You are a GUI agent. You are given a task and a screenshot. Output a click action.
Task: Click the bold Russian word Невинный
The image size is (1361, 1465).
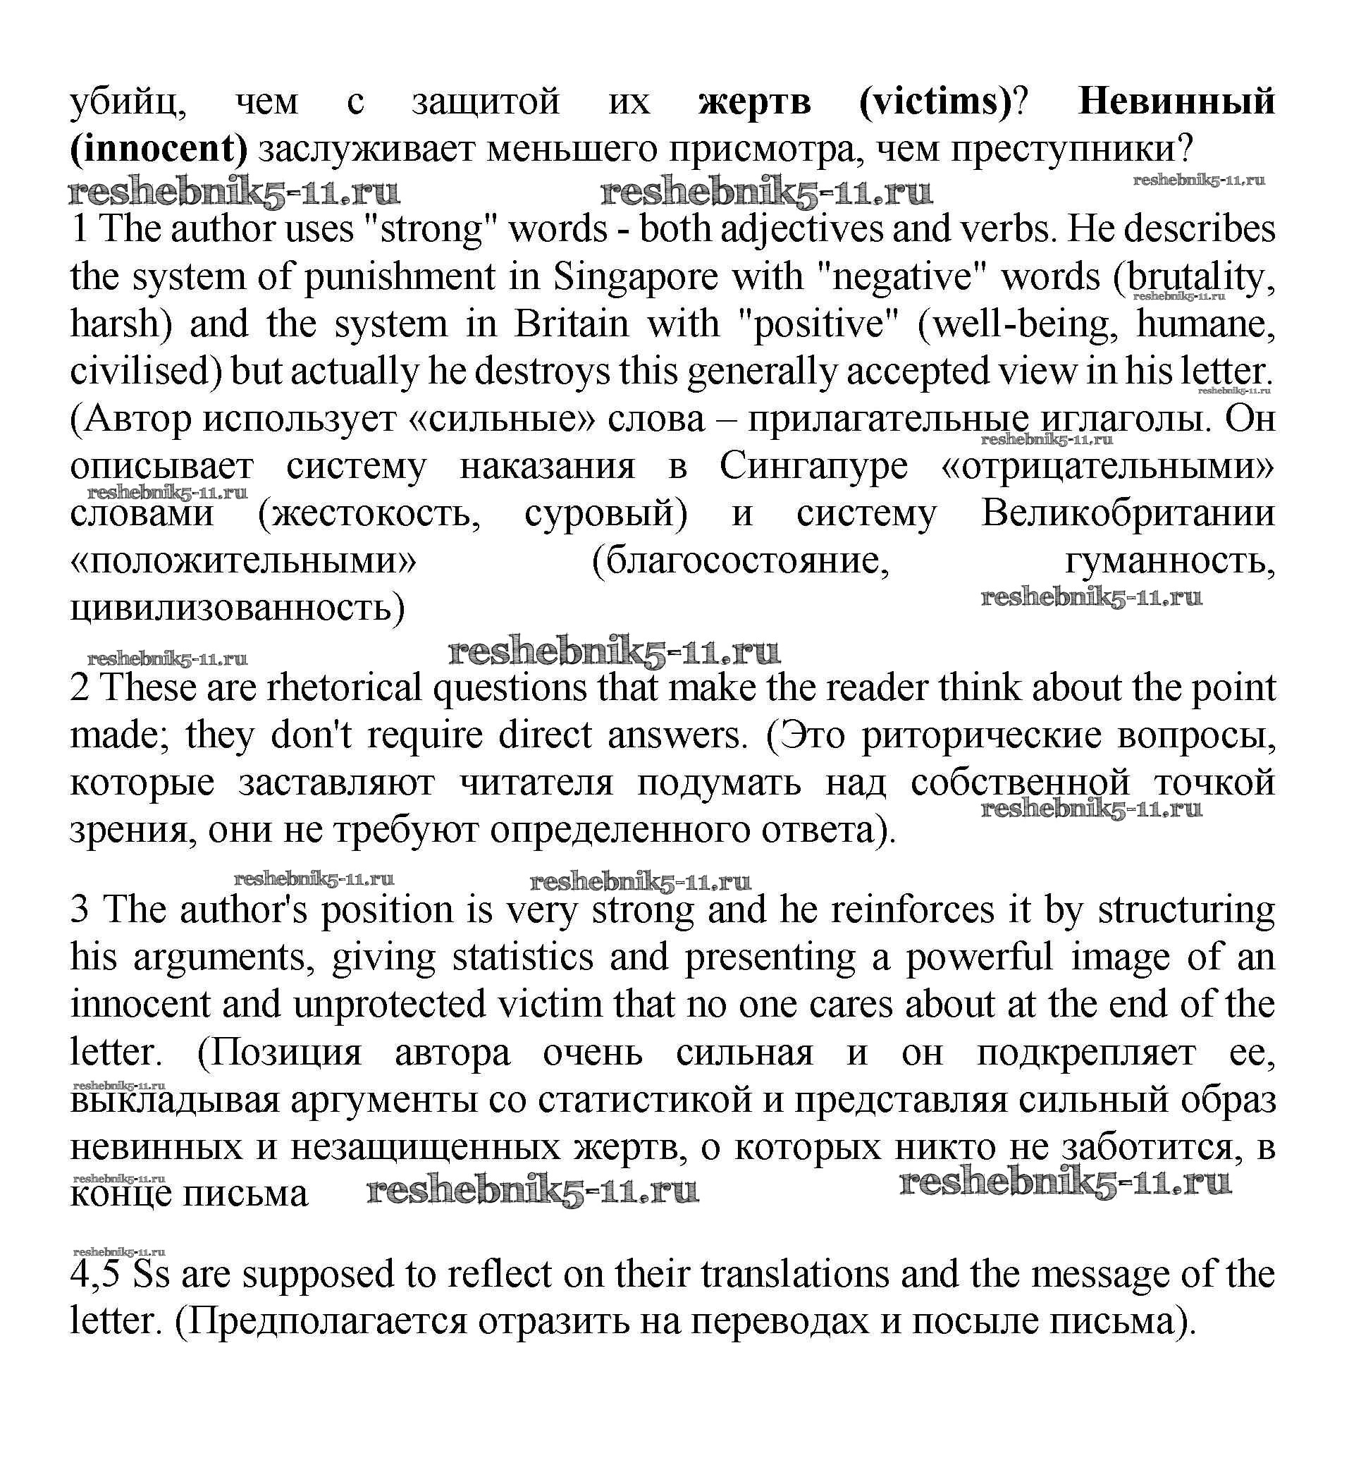point(1176,101)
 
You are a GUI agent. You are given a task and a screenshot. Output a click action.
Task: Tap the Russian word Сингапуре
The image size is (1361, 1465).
point(813,465)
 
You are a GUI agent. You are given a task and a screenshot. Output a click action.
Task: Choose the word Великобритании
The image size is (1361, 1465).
point(1128,513)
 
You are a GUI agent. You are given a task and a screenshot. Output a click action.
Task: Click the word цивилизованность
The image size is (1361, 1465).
point(237,608)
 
